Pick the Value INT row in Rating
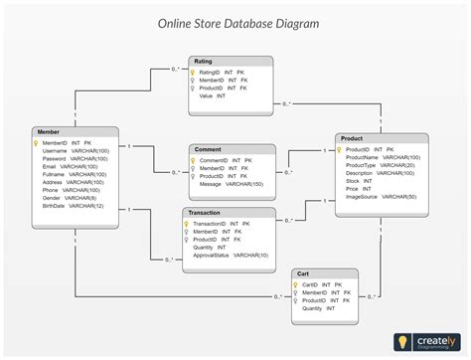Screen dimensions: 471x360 point(212,96)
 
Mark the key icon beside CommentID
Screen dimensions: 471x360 point(192,160)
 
